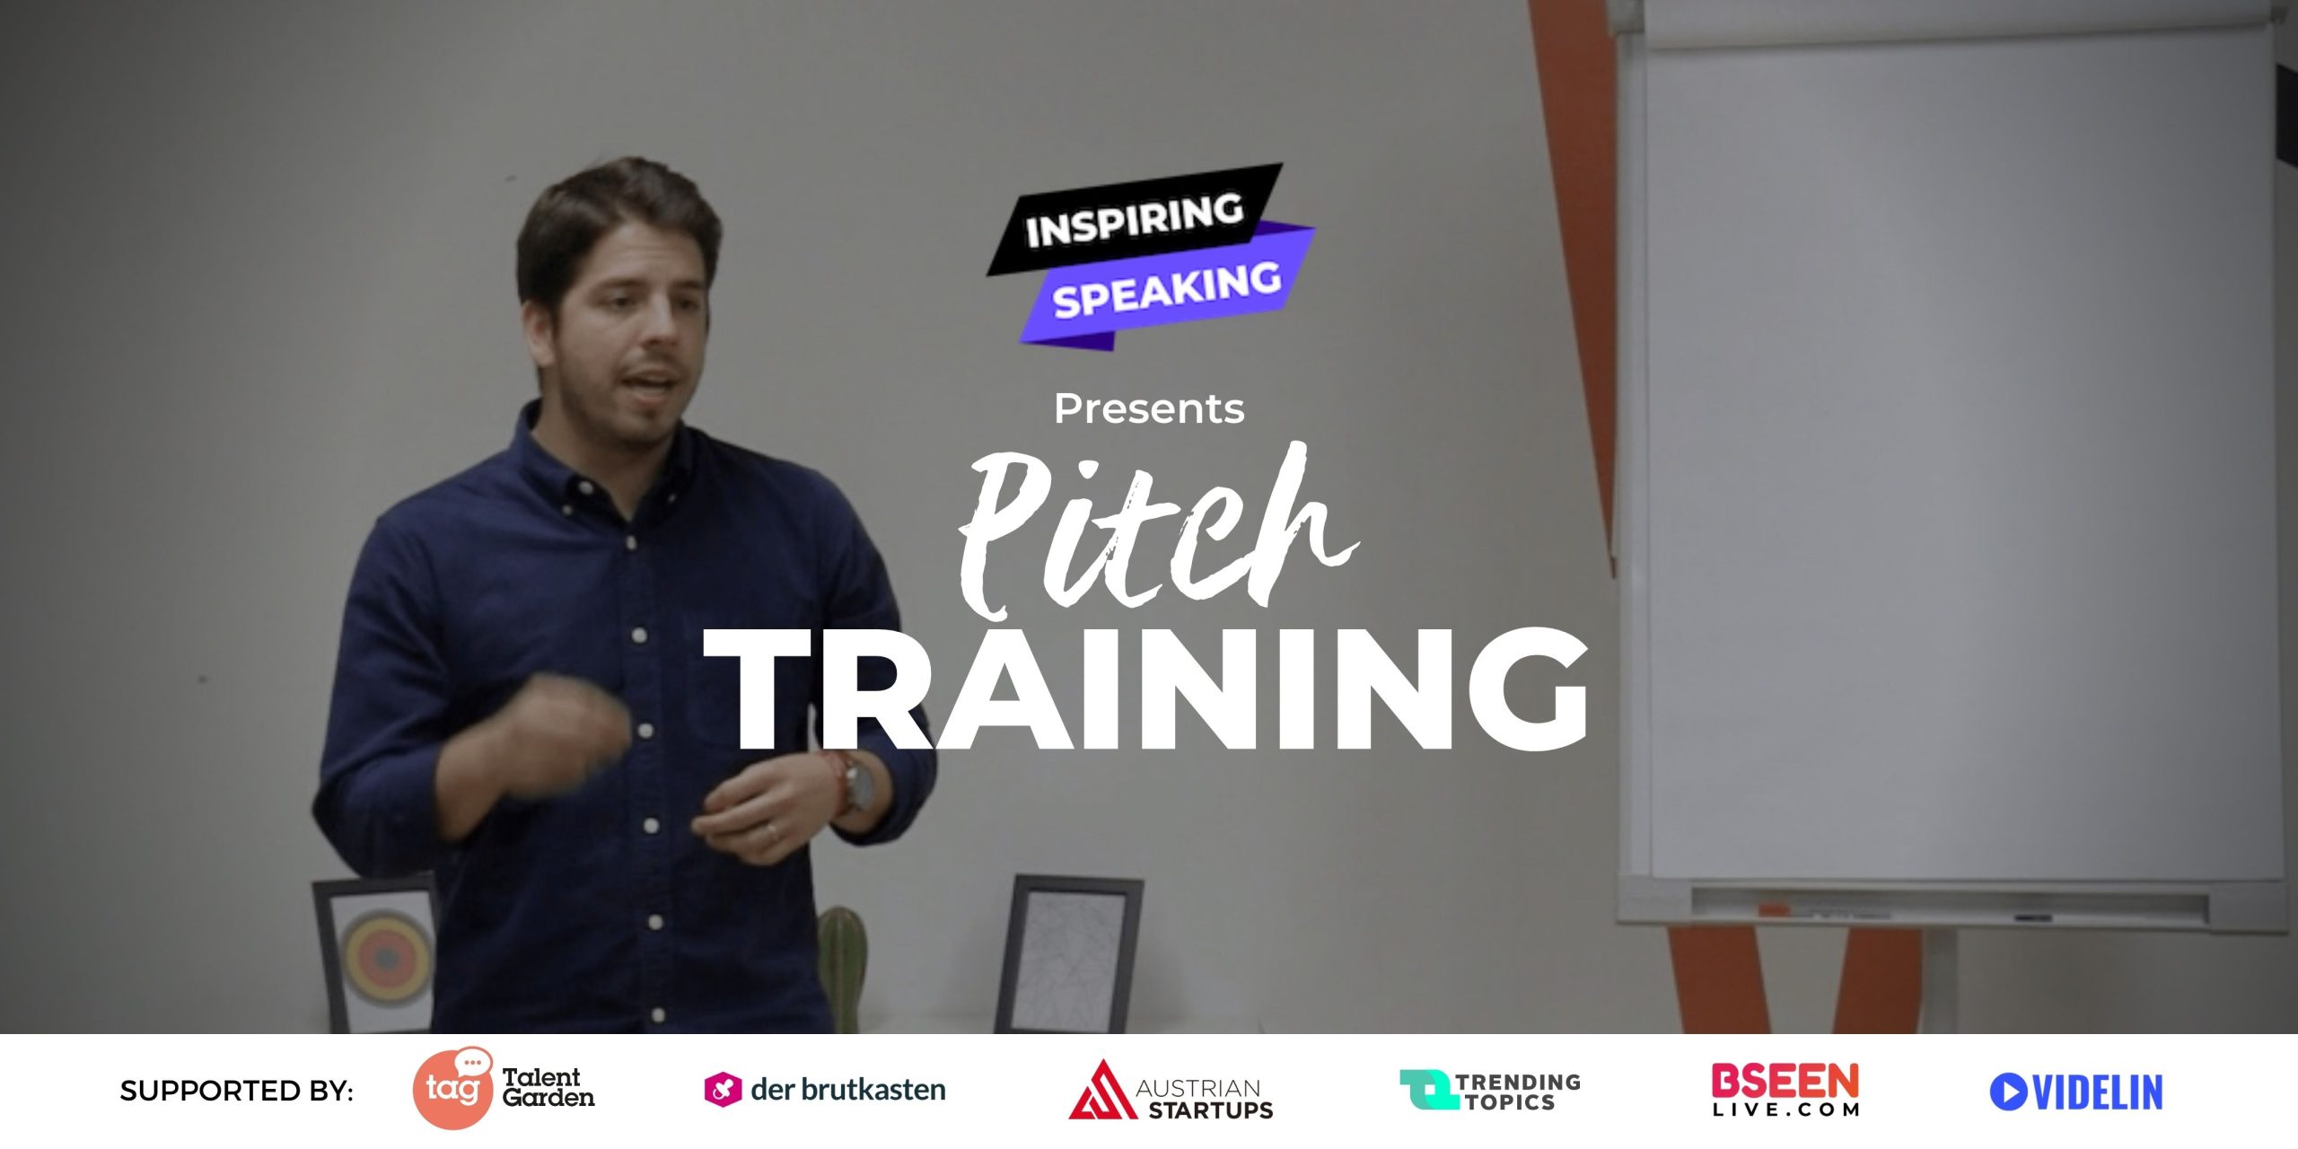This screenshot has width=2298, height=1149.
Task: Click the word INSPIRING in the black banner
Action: [x=1135, y=219]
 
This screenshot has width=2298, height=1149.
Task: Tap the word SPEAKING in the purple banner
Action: [x=1167, y=289]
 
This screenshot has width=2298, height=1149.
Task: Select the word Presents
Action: [x=1149, y=409]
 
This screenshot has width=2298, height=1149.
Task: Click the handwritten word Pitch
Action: [x=1158, y=530]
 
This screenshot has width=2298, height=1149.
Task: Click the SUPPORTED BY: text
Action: [x=236, y=1091]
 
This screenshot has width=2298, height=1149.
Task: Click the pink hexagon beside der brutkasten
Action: [x=723, y=1090]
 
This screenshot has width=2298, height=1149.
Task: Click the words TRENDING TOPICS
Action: [x=1517, y=1092]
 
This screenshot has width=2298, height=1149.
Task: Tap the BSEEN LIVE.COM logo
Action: [x=1785, y=1089]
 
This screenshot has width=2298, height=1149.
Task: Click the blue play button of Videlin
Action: [x=2008, y=1092]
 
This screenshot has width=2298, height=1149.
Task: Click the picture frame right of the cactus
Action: [x=1068, y=955]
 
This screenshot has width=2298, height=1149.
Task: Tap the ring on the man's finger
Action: [x=773, y=833]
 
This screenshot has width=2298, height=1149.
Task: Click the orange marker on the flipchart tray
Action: [x=1774, y=909]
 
